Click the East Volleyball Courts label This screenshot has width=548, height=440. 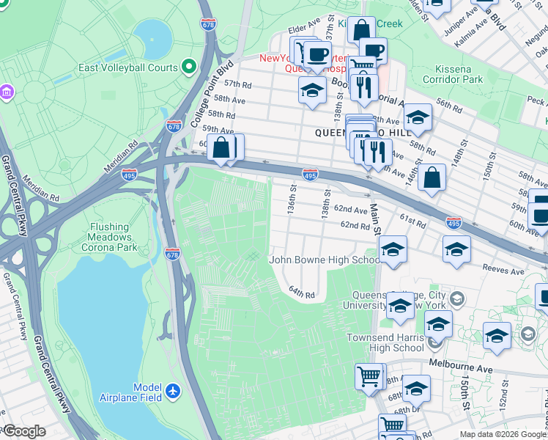pyautogui.click(x=127, y=67)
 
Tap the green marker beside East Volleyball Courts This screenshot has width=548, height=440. pyautogui.click(x=189, y=67)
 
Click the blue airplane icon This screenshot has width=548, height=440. pyautogui.click(x=173, y=392)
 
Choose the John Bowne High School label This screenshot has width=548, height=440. pyautogui.click(x=324, y=260)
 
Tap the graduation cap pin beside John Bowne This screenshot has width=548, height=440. pyautogui.click(x=393, y=250)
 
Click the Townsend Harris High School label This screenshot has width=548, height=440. pyautogui.click(x=385, y=342)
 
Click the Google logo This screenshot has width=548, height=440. pyautogui.click(x=23, y=431)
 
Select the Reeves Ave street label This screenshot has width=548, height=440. pyautogui.click(x=506, y=271)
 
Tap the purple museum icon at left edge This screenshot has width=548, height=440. pyautogui.click(x=7, y=92)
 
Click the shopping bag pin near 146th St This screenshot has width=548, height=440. pyautogui.click(x=432, y=177)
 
